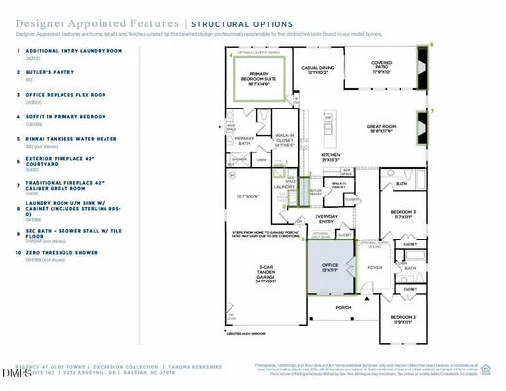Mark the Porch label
342,306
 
